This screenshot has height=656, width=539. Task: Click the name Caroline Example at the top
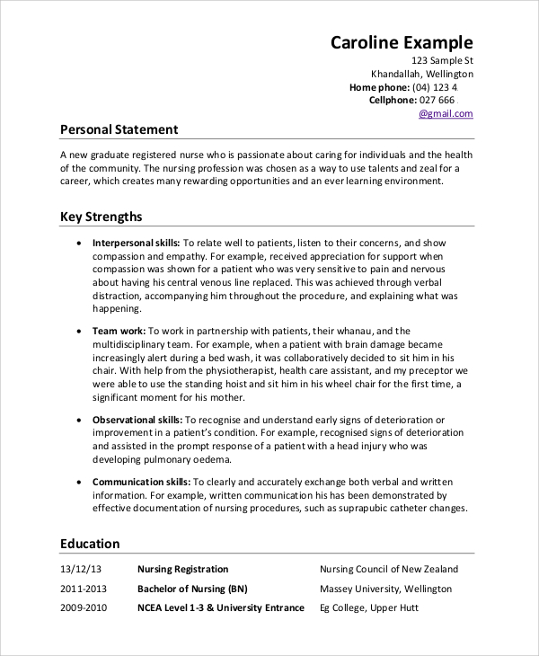point(402,41)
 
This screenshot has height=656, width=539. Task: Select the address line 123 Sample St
point(436,60)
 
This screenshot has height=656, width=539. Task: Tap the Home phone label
point(378,87)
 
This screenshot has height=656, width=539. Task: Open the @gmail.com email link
point(446,114)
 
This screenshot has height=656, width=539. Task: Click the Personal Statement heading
point(119,129)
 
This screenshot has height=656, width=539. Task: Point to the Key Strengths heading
point(101,217)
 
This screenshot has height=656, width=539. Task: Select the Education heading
point(90,544)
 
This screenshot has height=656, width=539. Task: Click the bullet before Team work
point(82,331)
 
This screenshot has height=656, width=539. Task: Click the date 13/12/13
point(81,569)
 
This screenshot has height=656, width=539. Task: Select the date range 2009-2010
point(84,608)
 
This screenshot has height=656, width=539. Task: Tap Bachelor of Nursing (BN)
point(192,589)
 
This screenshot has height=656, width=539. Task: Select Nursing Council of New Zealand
point(389,569)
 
